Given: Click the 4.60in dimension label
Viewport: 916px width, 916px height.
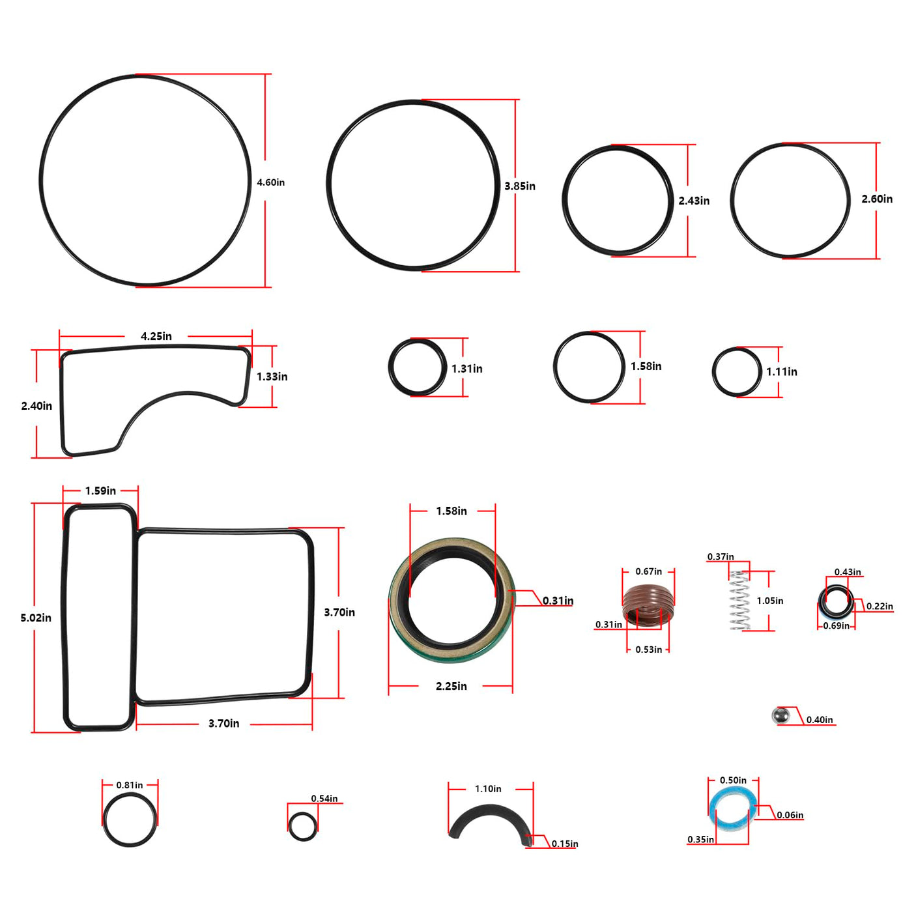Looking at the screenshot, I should [x=270, y=182].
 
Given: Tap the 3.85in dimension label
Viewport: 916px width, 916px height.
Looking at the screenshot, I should [x=520, y=186].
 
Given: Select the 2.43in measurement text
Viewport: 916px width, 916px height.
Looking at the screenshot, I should [x=694, y=201].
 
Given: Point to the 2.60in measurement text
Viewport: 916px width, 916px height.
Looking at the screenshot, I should [x=877, y=199].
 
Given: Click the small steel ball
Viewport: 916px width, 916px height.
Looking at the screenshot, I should [x=780, y=715].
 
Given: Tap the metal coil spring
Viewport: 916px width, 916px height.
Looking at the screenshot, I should [x=739, y=600].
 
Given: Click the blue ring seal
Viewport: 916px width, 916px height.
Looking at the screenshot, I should [x=733, y=809].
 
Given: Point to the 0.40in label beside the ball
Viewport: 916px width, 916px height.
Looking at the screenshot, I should [x=820, y=720].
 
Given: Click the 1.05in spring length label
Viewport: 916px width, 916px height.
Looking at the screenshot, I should [x=770, y=601].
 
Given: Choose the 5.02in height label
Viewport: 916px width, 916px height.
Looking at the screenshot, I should [x=36, y=618].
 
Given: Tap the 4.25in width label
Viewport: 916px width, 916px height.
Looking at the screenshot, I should [x=156, y=336].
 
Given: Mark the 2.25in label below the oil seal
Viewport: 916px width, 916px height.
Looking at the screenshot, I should [x=451, y=686].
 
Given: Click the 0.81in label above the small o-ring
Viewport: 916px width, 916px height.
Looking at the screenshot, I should [x=130, y=785].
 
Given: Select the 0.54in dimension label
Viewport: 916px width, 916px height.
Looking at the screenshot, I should [x=324, y=799].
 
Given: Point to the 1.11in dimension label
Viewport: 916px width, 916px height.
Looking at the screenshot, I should [x=782, y=371].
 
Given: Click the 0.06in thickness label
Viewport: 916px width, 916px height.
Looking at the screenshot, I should [x=790, y=815].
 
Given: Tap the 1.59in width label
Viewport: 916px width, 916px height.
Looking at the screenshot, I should [x=100, y=491].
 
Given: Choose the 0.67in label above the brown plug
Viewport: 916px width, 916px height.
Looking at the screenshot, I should [x=649, y=571].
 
